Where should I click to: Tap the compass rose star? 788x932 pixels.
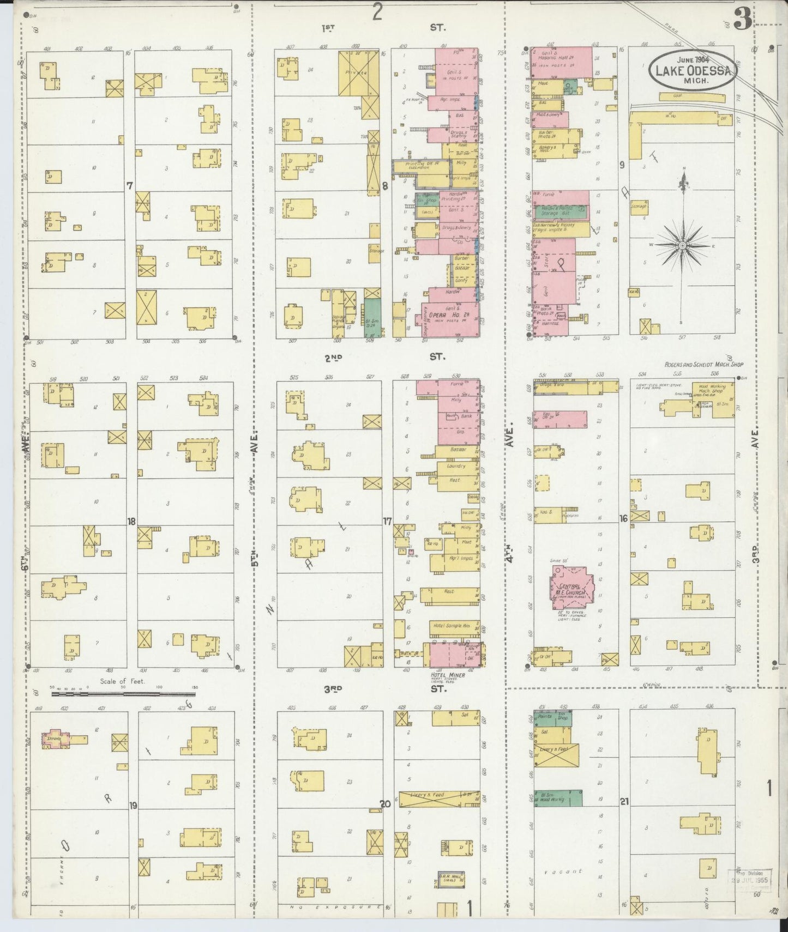pos(682,246)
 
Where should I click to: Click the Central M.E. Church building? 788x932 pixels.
pos(570,588)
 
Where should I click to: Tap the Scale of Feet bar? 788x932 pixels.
pos(123,694)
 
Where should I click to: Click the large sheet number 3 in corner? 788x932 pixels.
pos(742,20)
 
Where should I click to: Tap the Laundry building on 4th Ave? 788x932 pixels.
pos(456,467)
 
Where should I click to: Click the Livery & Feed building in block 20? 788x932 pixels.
pos(431,800)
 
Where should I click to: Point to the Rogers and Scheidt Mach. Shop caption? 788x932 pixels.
pos(703,364)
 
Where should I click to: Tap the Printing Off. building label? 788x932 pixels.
pos(419,164)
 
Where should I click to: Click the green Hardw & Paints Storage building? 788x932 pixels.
pos(561,211)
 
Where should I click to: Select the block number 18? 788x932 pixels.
pos(131,522)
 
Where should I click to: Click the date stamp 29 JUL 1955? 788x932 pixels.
pos(750,880)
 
